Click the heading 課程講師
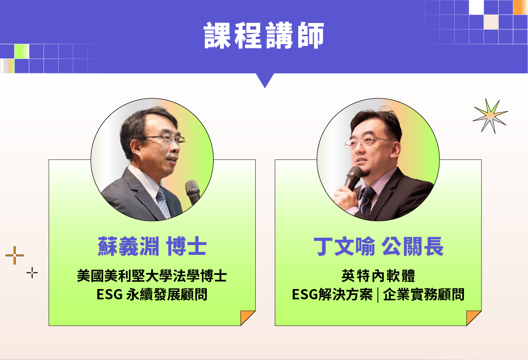pos(264,35)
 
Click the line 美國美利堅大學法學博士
pos(152,276)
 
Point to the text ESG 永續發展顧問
pos(152,294)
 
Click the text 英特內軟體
pos(378,276)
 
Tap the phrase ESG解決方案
pos(332,294)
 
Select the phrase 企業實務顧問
pos(424,294)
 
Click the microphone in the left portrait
pos(193,192)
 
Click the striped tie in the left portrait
pos(164,202)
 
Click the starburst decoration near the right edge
pos(490,116)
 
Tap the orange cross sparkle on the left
pos(15,255)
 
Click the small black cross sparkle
pos(32,273)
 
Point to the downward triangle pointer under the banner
pos(264,80)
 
